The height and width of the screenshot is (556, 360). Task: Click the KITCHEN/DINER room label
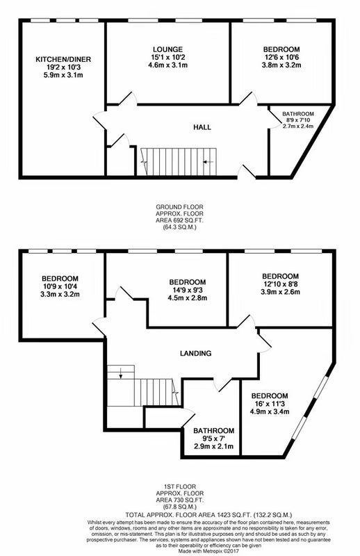[x=63, y=59]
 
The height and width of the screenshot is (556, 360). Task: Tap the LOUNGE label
[x=167, y=49]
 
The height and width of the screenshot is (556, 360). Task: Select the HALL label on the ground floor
[x=202, y=127]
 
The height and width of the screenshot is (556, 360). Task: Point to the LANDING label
[x=195, y=353]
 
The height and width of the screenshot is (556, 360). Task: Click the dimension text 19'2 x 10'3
[x=63, y=67]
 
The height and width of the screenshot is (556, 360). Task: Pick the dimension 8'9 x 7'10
[x=298, y=120]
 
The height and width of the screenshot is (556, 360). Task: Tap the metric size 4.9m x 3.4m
[x=270, y=411]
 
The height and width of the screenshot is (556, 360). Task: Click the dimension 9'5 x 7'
[x=213, y=439]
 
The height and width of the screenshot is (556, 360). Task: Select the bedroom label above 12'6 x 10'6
[x=281, y=49]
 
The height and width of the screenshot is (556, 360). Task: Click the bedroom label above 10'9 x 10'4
[x=60, y=279]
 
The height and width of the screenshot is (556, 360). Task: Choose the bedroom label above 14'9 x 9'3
[x=187, y=282]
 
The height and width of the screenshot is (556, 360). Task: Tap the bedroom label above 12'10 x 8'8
[x=280, y=276]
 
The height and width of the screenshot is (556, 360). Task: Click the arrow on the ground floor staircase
[x=208, y=162]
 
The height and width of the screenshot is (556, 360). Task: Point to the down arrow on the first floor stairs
[x=121, y=373]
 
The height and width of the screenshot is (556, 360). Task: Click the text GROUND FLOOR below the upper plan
[x=180, y=206]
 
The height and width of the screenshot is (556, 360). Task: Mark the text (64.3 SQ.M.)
[x=180, y=227]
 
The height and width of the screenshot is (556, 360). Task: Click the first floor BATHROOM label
[x=213, y=431]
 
